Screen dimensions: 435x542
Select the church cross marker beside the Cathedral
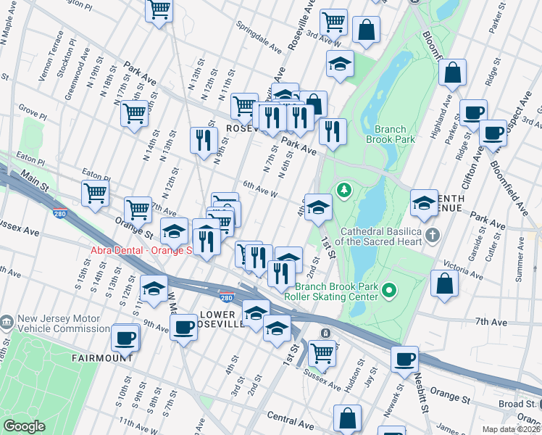pyautogui.click(x=433, y=234)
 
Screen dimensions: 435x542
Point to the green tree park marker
pyautogui.click(x=343, y=190)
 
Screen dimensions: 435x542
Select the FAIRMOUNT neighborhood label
pyautogui.click(x=101, y=358)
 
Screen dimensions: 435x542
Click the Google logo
pyautogui.click(x=24, y=426)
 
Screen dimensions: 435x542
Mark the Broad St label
pyautogui.click(x=520, y=404)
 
